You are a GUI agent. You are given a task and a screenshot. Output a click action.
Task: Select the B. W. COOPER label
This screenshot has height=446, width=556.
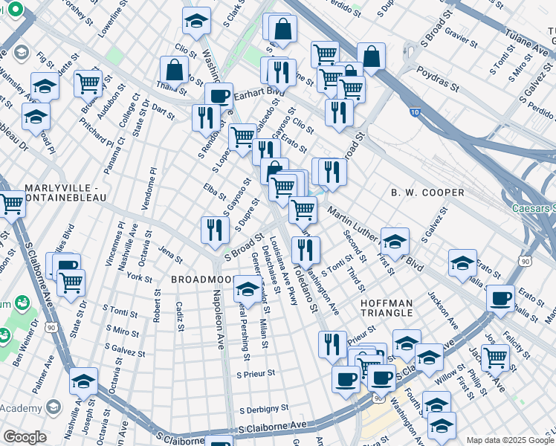427,193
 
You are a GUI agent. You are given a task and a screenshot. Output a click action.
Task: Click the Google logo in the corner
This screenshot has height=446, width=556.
25,437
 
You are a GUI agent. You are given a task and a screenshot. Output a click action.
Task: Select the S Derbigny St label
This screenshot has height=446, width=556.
263,408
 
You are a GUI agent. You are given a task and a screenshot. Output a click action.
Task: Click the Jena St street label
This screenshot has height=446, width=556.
169,257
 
